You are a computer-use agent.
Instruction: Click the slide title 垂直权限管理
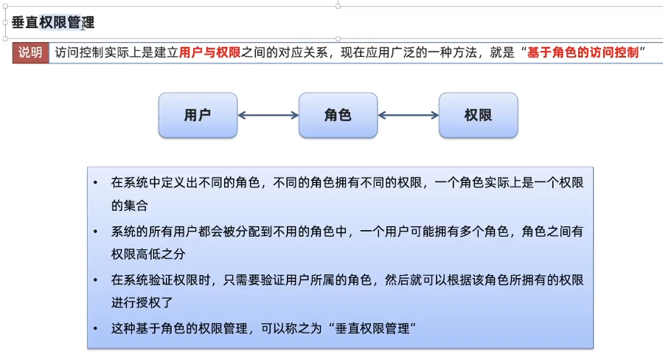click(53, 23)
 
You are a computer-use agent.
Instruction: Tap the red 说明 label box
click(30, 52)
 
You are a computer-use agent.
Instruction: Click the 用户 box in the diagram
click(198, 115)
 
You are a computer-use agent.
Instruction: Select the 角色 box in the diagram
click(338, 115)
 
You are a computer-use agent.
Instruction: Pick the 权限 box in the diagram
click(478, 115)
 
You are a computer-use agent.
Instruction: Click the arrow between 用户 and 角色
click(268, 115)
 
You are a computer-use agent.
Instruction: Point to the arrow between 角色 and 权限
click(408, 115)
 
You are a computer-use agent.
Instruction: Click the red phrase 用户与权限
click(210, 52)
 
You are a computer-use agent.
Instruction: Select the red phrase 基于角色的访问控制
click(583, 52)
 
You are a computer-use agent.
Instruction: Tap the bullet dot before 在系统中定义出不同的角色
click(96, 182)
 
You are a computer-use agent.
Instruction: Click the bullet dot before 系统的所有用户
click(96, 232)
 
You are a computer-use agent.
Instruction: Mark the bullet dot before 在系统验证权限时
click(96, 280)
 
